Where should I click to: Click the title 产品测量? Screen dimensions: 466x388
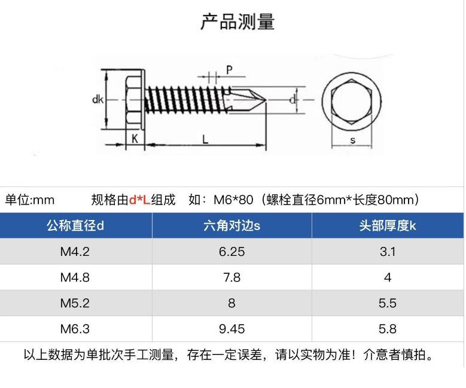coord(237,22)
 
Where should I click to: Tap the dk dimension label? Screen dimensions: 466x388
coord(98,99)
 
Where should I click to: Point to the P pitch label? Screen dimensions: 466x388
coord(229,70)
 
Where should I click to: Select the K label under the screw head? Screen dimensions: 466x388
coord(135,139)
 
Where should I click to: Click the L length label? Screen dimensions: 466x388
coord(205,139)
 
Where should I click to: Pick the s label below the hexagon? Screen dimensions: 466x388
coord(352,140)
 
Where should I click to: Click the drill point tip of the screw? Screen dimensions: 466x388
coord(266,100)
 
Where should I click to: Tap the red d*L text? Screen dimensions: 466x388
coord(140,200)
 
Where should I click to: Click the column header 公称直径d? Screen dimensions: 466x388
coord(75,226)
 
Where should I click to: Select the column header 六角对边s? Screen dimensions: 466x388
coord(232,226)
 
